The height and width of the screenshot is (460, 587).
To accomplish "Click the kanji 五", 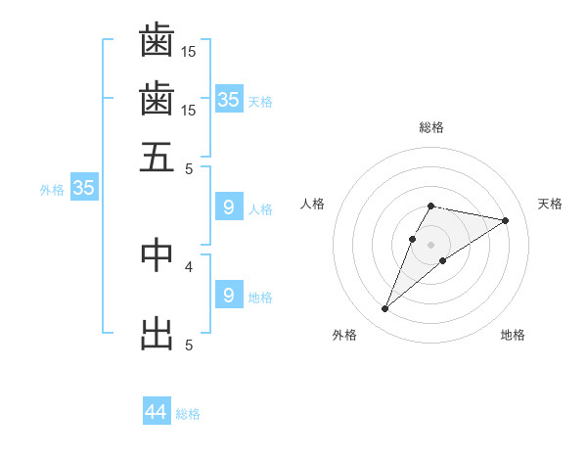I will coord(158,157).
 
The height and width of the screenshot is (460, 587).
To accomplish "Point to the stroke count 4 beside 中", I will coord(189,265).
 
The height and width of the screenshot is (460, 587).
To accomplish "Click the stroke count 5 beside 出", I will coord(189,345).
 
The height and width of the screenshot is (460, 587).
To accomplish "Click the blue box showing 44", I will coord(157,412).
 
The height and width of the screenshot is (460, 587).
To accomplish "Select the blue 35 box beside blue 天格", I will coord(228,100).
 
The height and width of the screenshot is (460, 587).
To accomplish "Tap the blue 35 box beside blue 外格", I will coord(83,189).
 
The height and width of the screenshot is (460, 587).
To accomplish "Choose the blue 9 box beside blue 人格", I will coord(228,207).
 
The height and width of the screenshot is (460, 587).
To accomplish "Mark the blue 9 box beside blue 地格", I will coord(228,296).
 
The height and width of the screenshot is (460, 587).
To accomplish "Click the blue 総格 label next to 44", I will coord(188,414).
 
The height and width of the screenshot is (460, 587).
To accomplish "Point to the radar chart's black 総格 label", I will coord(431,127).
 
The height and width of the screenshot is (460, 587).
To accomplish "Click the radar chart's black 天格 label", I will coord(550,204).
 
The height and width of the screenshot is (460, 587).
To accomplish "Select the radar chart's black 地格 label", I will coord(513,335).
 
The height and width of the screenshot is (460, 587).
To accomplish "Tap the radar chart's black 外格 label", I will coord(344,335).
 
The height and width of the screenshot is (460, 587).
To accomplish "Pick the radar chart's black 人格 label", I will coord(313,204).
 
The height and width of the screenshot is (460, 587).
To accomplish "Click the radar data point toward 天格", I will coord(506,220).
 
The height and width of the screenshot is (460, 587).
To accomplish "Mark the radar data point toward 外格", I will coord(384,309).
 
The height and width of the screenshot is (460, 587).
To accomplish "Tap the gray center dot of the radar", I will coord(431,244).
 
